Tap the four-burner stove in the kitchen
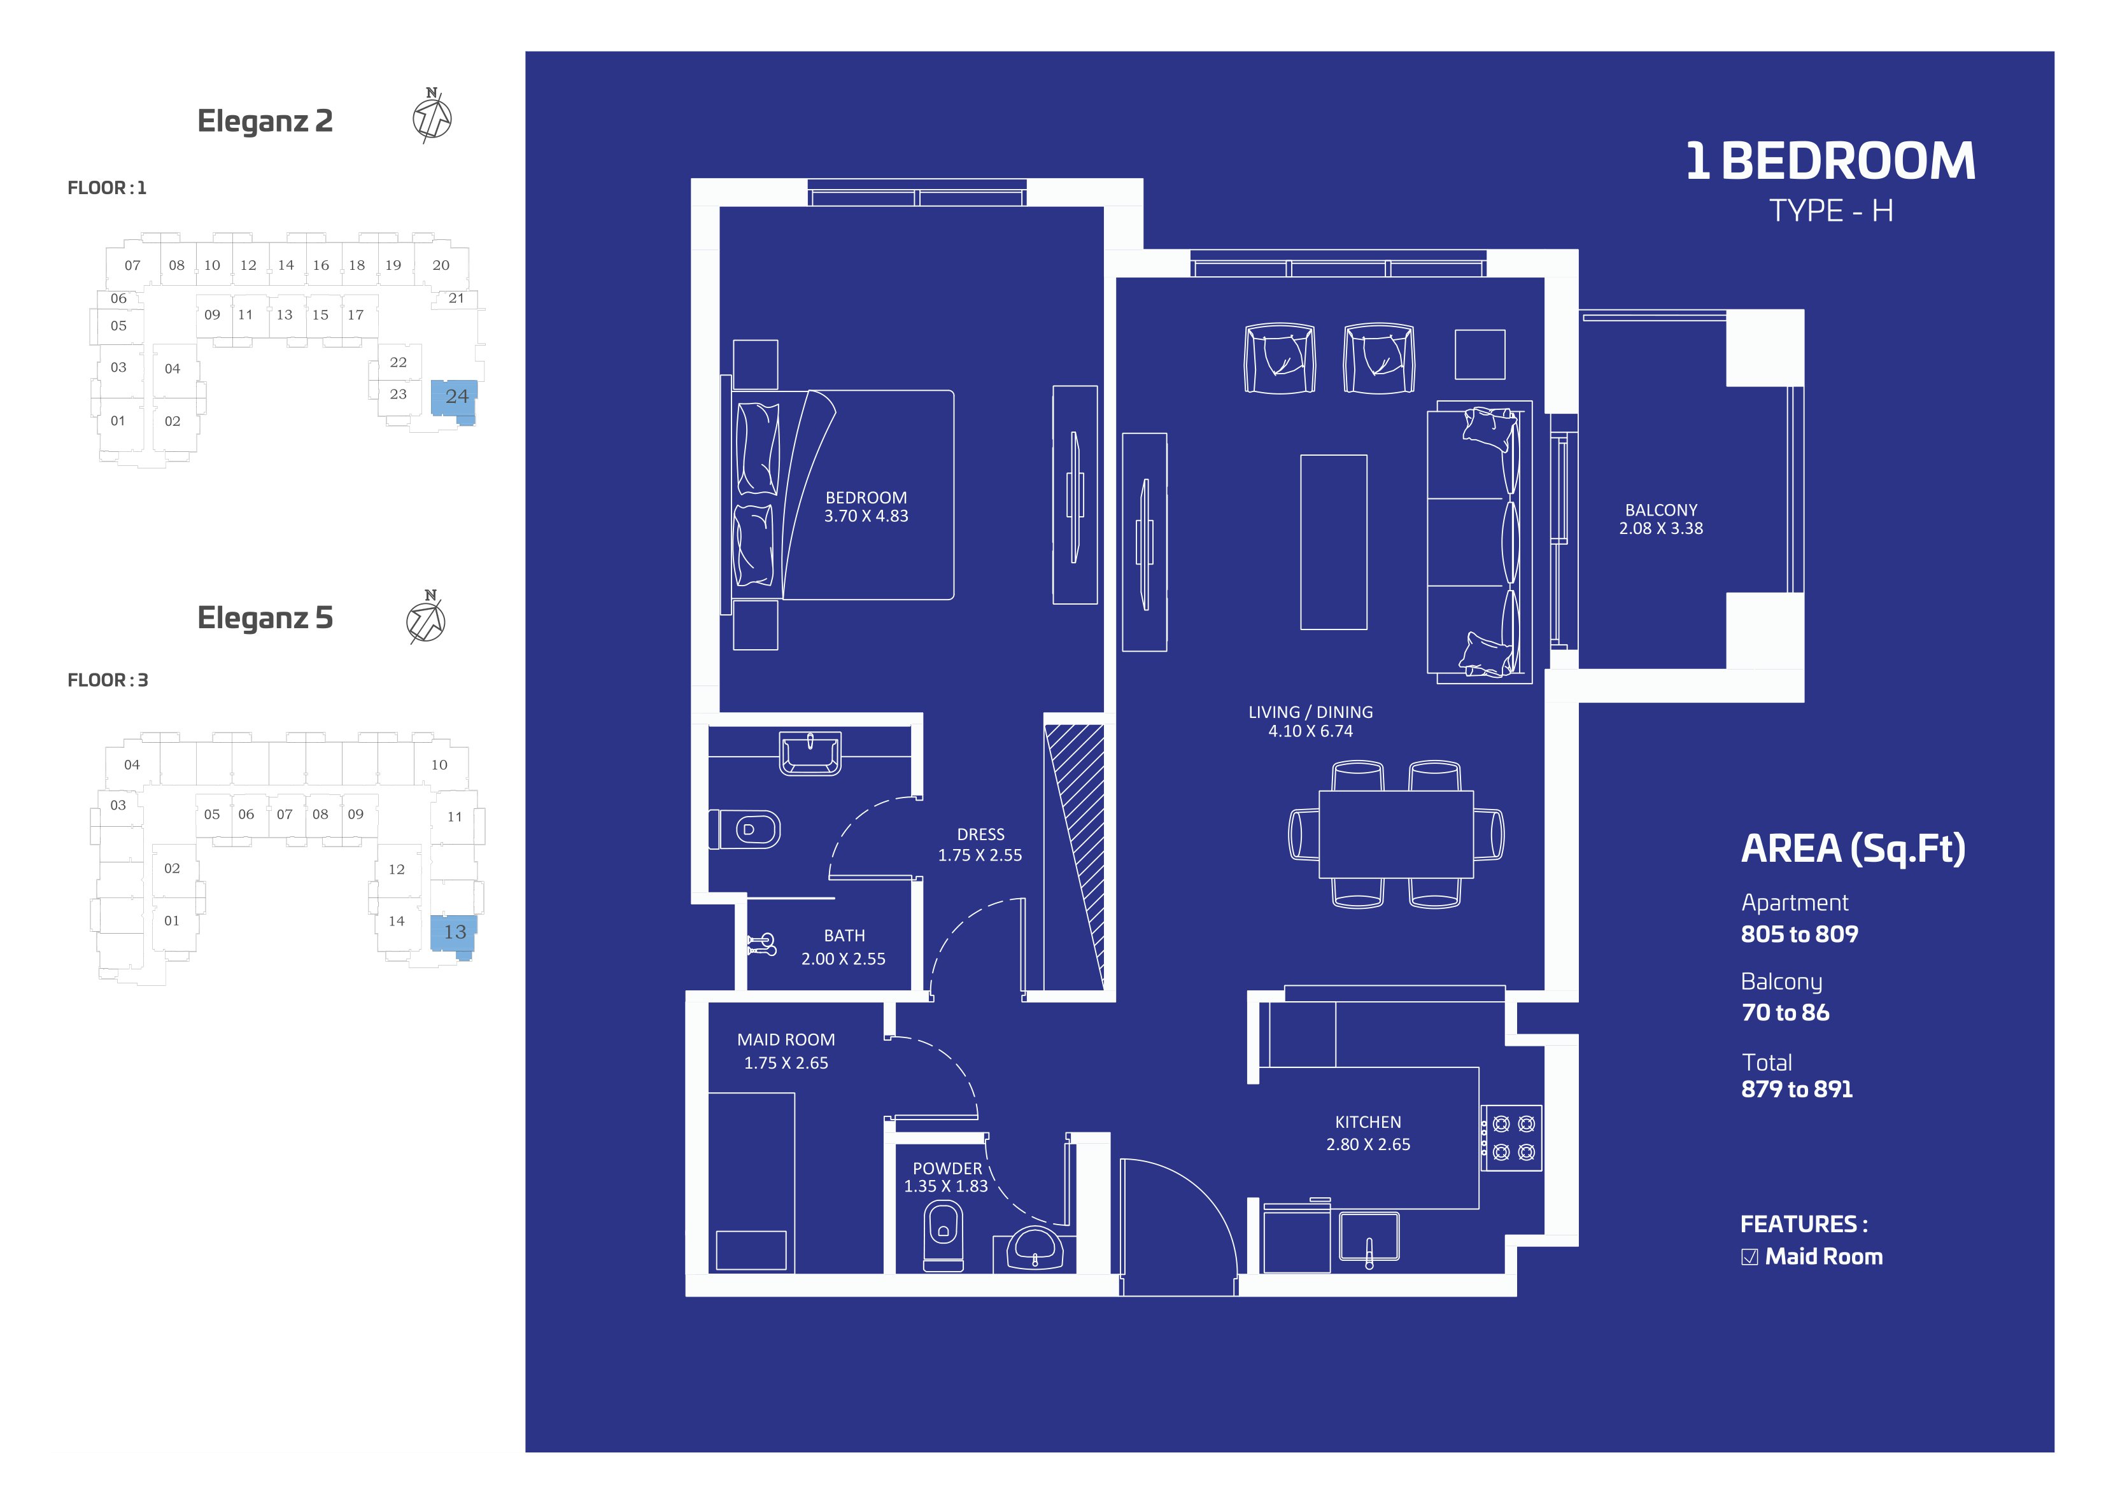click(1511, 1138)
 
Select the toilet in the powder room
click(943, 1236)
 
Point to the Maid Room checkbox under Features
click(1749, 1257)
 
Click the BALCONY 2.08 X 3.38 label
click(1660, 519)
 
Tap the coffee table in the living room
click(1334, 542)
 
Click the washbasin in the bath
click(810, 753)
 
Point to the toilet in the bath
click(746, 829)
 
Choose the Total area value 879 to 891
click(1797, 1089)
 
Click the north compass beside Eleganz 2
click(432, 116)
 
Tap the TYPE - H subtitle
click(1831, 211)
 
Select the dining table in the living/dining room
click(1396, 834)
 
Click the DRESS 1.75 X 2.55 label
click(980, 845)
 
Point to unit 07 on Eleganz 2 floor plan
click(132, 266)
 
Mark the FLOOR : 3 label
click(108, 680)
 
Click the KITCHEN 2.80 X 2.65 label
click(1368, 1133)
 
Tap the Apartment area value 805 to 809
click(1799, 934)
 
